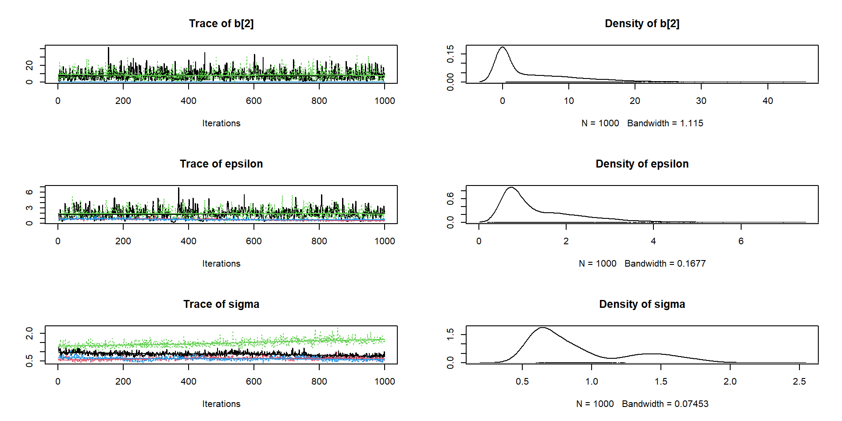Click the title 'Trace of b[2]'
pyautogui.click(x=221, y=24)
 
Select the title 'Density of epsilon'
pyautogui.click(x=642, y=164)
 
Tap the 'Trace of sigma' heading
pyautogui.click(x=221, y=304)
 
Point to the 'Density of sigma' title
pyautogui.click(x=642, y=304)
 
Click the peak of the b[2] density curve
pyautogui.click(x=503, y=47)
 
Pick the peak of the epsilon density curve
pyautogui.click(x=511, y=188)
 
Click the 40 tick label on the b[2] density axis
pyautogui.click(x=767, y=101)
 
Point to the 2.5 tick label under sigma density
pyautogui.click(x=799, y=382)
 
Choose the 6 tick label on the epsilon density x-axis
pyautogui.click(x=741, y=241)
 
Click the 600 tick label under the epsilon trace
pyautogui.click(x=253, y=241)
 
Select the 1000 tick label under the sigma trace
pyautogui.click(x=384, y=382)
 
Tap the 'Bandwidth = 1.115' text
pyautogui.click(x=665, y=123)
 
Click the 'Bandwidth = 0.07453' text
pyautogui.click(x=665, y=404)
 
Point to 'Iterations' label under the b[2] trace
pyautogui.click(x=221, y=123)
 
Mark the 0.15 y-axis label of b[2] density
pyautogui.click(x=450, y=54)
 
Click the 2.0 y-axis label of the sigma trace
pyautogui.click(x=29, y=333)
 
